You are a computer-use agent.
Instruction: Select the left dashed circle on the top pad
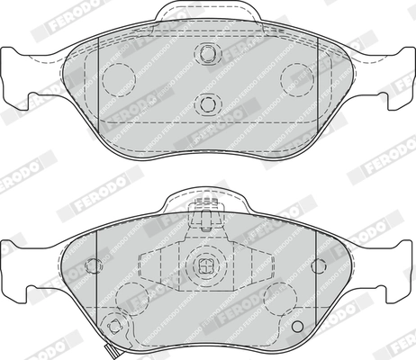pyautogui.click(x=116, y=80)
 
